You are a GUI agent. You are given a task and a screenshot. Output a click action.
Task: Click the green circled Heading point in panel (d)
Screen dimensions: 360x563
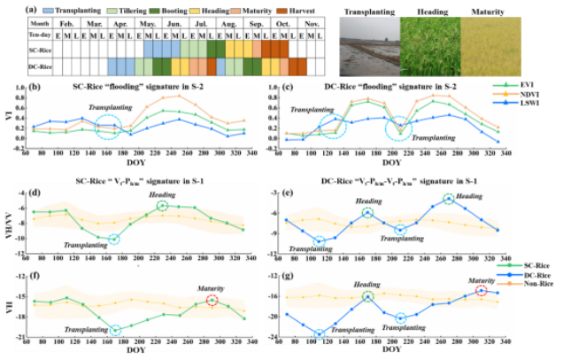click(162, 206)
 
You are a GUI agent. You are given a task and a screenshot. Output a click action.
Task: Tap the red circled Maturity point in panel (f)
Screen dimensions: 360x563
click(212, 301)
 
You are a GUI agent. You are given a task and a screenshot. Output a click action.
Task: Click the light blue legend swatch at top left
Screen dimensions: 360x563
click(50, 11)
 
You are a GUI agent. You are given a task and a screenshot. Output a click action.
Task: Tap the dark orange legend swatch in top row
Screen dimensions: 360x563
click(281, 11)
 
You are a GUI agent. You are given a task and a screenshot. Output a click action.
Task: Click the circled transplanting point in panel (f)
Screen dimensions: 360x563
click(115, 330)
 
